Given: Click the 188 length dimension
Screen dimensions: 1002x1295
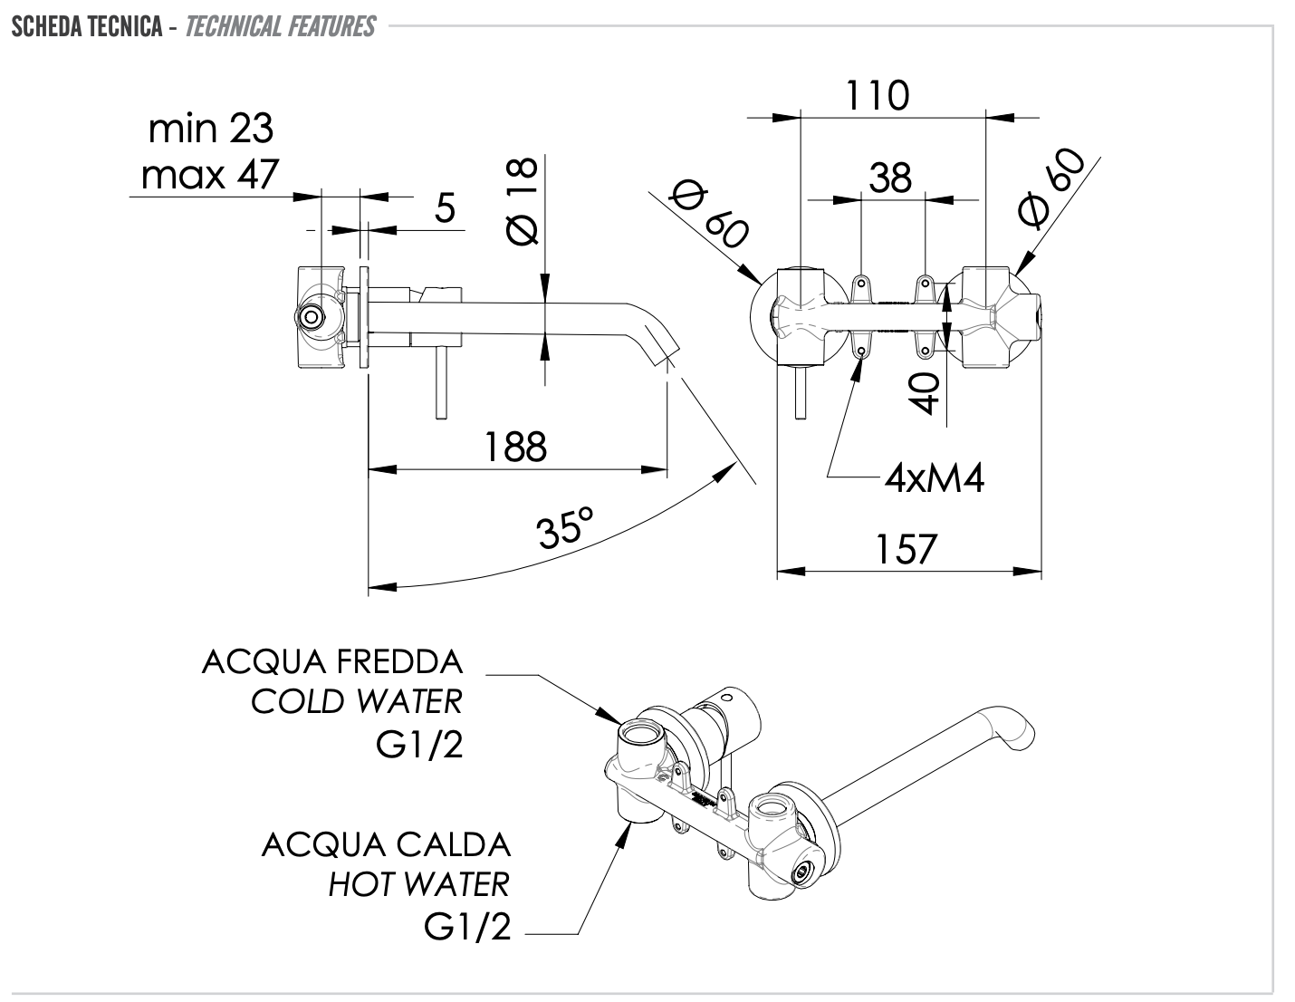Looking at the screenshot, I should click(x=515, y=447).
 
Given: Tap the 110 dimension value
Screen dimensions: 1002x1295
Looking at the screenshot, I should click(x=877, y=95).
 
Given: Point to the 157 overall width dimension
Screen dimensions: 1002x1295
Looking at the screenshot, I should click(x=906, y=550).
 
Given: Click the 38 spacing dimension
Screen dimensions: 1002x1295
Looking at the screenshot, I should click(x=890, y=178).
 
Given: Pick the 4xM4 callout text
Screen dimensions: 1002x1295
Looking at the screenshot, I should click(x=934, y=477).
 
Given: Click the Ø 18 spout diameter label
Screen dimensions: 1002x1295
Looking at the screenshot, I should click(x=523, y=201).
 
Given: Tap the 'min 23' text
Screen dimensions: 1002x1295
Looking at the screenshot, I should click(x=210, y=129).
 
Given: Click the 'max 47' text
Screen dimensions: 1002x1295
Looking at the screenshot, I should click(x=210, y=174).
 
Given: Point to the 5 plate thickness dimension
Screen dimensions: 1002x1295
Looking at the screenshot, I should click(x=444, y=208).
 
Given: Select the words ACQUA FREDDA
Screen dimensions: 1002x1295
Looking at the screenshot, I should click(x=332, y=662).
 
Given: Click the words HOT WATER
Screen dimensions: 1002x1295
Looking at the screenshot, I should click(x=418, y=884).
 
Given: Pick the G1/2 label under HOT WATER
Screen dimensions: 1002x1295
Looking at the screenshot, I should click(x=467, y=927).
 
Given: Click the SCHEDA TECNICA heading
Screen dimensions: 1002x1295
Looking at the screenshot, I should click(x=87, y=26).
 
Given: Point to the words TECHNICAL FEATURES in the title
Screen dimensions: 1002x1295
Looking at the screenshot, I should click(x=280, y=26).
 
